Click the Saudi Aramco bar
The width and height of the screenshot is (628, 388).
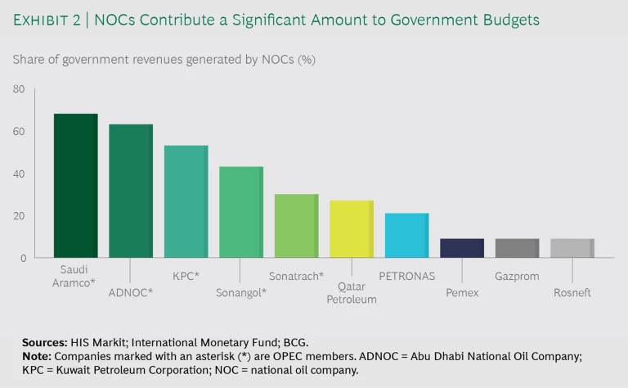click(x=75, y=186)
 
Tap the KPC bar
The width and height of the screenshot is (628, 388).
click(x=186, y=201)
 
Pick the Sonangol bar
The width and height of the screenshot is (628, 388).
click(x=241, y=212)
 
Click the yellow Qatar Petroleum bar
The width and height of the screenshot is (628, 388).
click(x=352, y=229)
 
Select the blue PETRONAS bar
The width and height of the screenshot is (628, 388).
click(x=406, y=236)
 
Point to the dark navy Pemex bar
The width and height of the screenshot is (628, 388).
click(x=462, y=248)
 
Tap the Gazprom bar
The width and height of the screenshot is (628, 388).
click(x=517, y=248)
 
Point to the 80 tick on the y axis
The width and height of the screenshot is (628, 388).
click(x=19, y=89)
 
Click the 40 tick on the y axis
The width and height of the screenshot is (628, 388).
click(x=19, y=174)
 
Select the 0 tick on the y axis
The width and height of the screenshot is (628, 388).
click(x=23, y=259)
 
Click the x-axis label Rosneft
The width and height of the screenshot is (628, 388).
click(x=572, y=292)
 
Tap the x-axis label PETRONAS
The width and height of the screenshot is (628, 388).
click(x=406, y=277)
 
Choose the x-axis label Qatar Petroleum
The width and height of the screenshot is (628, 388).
click(x=352, y=293)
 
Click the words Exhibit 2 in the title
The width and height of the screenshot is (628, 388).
click(x=45, y=20)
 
